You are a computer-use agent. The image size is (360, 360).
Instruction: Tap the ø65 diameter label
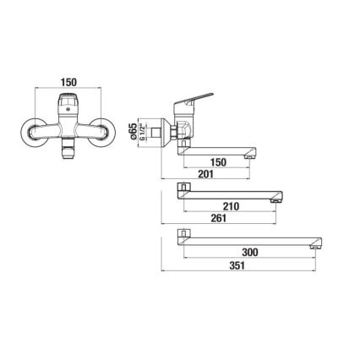click(x=156, y=130)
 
